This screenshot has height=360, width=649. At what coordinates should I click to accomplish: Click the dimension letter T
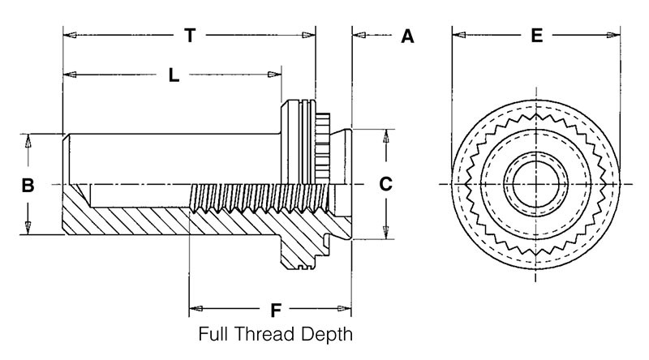[190, 36]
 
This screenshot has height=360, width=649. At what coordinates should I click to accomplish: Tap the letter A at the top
[407, 36]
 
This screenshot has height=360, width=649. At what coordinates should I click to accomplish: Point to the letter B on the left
[27, 185]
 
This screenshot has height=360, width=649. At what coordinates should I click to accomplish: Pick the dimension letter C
[386, 185]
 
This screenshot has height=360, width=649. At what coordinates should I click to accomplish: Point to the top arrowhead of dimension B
[28, 139]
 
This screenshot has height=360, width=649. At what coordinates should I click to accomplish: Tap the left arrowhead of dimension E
[458, 36]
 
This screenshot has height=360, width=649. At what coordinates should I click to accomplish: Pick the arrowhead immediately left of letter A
[359, 36]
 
